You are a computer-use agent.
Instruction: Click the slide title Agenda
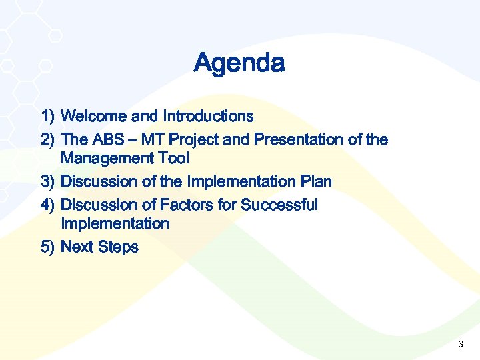pyautogui.click(x=239, y=64)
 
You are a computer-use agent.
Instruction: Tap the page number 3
pyautogui.click(x=460, y=345)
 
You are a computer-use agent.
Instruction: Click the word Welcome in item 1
pyautogui.click(x=94, y=117)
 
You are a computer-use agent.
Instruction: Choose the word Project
pyautogui.click(x=183, y=140)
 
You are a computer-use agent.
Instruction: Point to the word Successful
pyautogui.click(x=279, y=205)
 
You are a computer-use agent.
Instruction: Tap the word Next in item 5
pyautogui.click(x=77, y=247)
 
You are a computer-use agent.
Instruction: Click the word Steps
pyautogui.click(x=118, y=247)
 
